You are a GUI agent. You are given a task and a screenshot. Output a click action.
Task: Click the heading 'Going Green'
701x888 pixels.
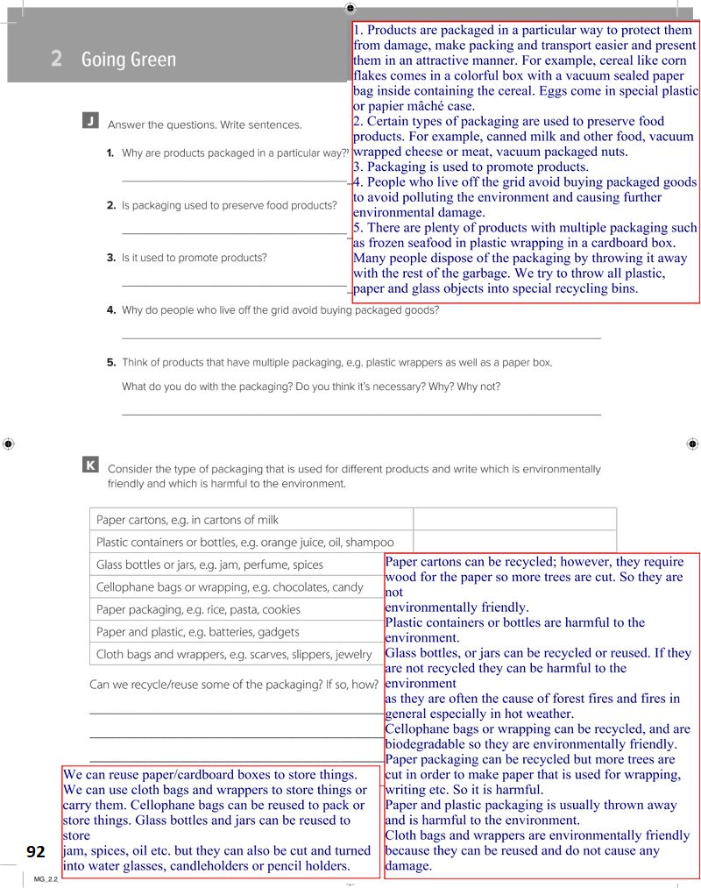pos(128,60)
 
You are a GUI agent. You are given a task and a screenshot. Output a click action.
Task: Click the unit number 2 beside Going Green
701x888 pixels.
pos(56,60)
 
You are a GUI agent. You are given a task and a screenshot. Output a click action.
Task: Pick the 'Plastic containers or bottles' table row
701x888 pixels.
pos(245,543)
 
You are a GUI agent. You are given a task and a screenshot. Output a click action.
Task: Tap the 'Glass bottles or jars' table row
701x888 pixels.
pos(210,565)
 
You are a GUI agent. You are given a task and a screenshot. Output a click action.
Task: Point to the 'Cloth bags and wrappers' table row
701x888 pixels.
pos(227,654)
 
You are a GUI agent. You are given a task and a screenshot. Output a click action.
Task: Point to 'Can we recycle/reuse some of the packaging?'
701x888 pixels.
pos(231,684)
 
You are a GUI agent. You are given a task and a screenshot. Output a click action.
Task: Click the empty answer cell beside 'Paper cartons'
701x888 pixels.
pos(514,521)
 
